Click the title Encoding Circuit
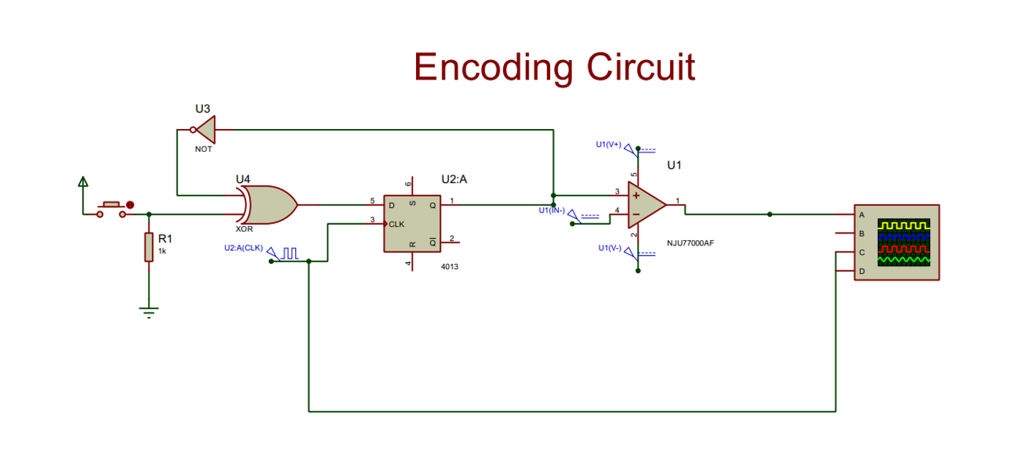point(554,67)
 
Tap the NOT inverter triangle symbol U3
point(207,130)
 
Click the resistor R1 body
point(149,247)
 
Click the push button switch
point(112,207)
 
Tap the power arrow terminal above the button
point(83,182)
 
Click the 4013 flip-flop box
point(412,223)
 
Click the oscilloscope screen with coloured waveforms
point(904,241)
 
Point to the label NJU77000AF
point(690,243)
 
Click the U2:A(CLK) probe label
point(243,248)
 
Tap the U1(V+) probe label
point(608,144)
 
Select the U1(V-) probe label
point(609,248)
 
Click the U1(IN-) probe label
point(552,211)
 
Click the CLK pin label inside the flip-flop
point(396,224)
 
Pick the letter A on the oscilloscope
point(861,215)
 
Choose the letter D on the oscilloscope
point(861,272)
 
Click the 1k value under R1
point(163,251)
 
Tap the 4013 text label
point(450,267)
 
